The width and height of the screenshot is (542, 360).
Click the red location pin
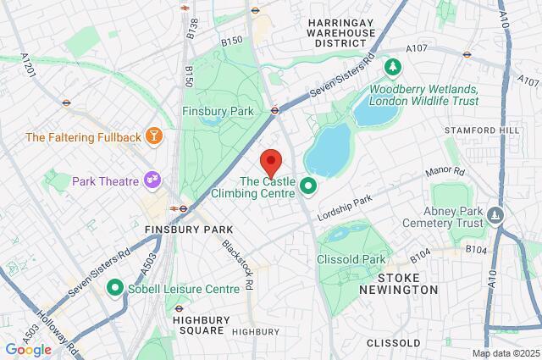coord(270,160)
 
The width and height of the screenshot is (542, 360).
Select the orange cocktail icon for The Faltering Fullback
coord(154,136)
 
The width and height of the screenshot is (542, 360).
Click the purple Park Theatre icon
coord(153,179)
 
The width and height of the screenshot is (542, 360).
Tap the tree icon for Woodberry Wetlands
coord(393,66)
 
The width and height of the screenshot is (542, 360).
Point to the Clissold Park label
coord(351,258)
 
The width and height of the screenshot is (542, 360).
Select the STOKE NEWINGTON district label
coord(409,284)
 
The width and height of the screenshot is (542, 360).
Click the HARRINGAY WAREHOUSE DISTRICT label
coord(341,32)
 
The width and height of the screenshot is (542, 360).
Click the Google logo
coord(28,349)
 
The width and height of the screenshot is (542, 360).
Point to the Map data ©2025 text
coord(505,353)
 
